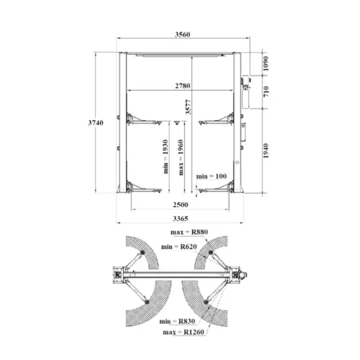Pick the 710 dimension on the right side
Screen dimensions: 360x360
pyautogui.click(x=266, y=91)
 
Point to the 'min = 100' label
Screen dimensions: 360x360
pyautogui.click(x=210, y=176)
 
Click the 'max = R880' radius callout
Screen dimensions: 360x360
pyautogui.click(x=189, y=232)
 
